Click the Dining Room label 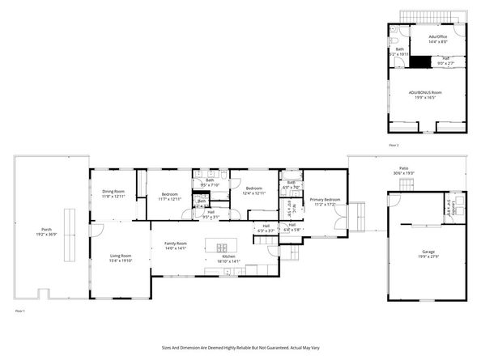coord(113,193)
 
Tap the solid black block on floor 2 coord(419,61)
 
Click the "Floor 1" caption coord(19,311)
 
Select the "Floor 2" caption coord(394,145)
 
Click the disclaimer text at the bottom coord(240,346)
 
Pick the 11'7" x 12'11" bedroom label coord(169,197)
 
